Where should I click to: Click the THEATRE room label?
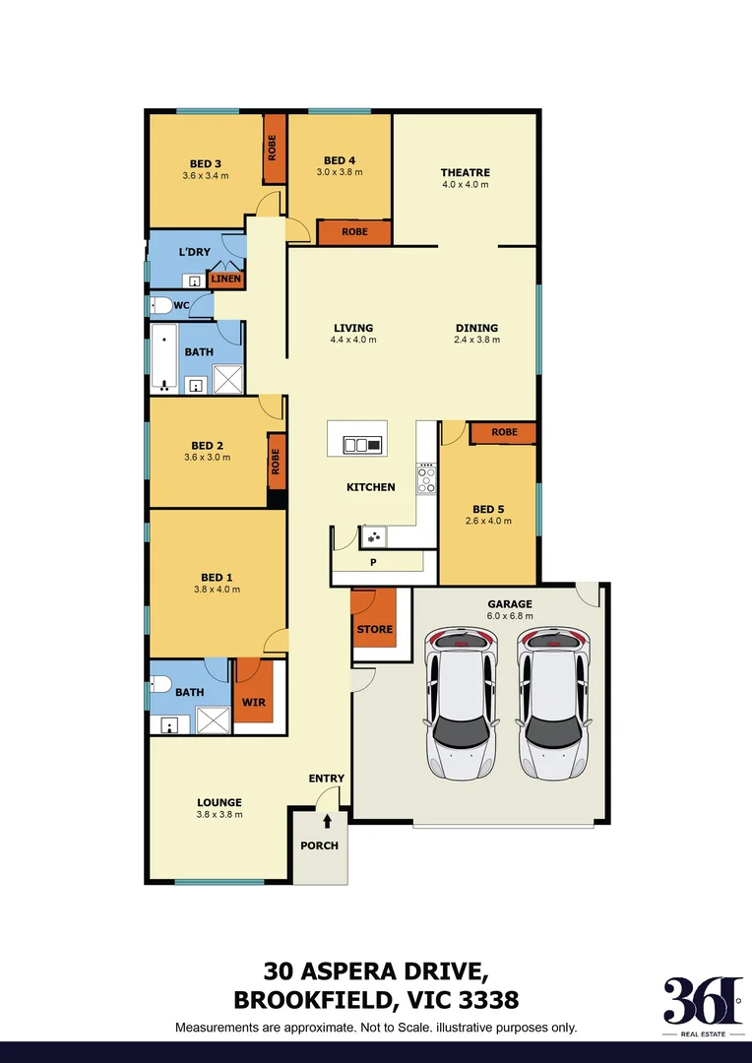tap(465, 173)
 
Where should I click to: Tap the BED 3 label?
tap(205, 163)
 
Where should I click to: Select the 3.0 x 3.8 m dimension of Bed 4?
tap(340, 172)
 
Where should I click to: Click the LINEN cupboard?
tap(225, 280)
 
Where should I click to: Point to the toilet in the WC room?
tap(160, 305)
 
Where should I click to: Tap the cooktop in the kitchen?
tap(427, 479)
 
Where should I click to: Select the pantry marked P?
tap(373, 563)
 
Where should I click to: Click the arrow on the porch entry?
tap(327, 820)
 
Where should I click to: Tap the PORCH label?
tap(319, 845)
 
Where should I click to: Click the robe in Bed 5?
tap(504, 432)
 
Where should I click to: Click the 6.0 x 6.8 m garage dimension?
tap(510, 616)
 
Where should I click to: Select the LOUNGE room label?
tap(219, 802)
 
